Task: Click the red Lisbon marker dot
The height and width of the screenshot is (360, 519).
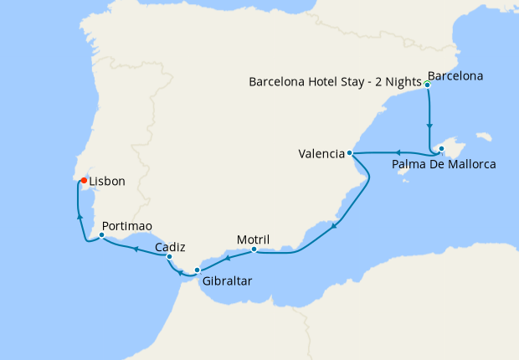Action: (84, 179)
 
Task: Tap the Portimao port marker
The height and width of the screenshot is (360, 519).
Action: (101, 235)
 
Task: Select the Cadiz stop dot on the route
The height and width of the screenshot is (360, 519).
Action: (169, 257)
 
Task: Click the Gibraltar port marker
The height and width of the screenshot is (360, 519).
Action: (197, 270)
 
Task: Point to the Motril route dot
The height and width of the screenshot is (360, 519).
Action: (254, 249)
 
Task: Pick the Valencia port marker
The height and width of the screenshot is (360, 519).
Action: (349, 154)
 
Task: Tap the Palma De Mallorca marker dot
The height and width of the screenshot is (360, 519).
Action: (439, 151)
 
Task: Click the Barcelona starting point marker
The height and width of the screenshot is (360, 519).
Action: (427, 85)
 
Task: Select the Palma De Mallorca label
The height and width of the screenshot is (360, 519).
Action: (444, 164)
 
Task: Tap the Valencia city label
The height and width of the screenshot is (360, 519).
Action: (321, 154)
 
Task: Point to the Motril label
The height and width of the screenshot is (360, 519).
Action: (253, 238)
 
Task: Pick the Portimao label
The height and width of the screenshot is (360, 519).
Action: (126, 226)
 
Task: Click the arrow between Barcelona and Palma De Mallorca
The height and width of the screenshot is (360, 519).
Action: (430, 128)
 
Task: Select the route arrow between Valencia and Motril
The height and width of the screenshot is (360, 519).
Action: (334, 226)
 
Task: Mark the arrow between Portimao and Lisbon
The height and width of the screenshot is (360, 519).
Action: (80, 216)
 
